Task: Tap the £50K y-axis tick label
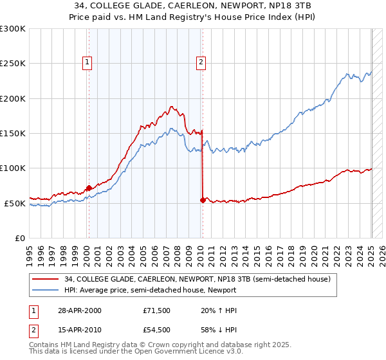pos(15,203)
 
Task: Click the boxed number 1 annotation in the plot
pos(87,62)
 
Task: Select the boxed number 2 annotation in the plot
pos(201,62)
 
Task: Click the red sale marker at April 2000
pos(89,188)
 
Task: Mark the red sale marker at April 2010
pos(203,200)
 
